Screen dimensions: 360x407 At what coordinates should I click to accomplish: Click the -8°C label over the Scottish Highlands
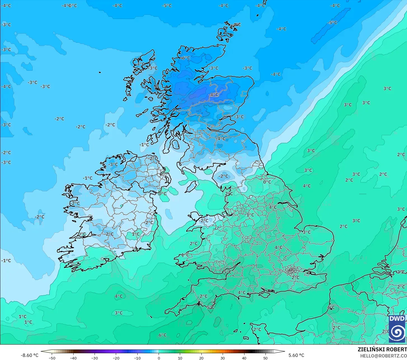[214, 95]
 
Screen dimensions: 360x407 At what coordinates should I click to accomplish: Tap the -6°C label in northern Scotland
[185, 58]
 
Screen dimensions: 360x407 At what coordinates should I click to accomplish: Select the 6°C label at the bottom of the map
[163, 335]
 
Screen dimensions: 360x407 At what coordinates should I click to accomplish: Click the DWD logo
[397, 329]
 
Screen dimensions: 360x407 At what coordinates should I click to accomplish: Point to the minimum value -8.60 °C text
[29, 355]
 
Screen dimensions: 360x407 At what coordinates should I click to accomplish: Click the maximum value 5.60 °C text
[296, 355]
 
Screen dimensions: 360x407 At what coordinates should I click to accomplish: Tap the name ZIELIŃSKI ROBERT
[382, 349]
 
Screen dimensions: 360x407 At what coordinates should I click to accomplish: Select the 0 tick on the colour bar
[159, 358]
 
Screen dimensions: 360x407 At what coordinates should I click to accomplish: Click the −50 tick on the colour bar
[52, 358]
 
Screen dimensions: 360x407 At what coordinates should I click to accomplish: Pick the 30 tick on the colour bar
[223, 358]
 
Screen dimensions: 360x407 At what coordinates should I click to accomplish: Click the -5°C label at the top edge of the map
[167, 6]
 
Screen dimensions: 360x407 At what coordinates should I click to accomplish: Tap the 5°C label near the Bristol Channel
[227, 272]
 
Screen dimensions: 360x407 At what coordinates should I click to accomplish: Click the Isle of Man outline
[191, 187]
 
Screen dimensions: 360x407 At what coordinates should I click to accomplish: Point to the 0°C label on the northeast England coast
[267, 182]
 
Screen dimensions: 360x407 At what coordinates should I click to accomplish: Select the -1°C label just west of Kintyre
[144, 145]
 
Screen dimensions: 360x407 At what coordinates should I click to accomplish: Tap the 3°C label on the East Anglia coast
[307, 232]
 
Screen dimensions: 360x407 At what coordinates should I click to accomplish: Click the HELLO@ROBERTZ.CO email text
[383, 356]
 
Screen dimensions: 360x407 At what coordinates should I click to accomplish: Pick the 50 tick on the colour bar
[265, 358]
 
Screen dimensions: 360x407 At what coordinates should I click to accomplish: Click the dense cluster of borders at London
[292, 270]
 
